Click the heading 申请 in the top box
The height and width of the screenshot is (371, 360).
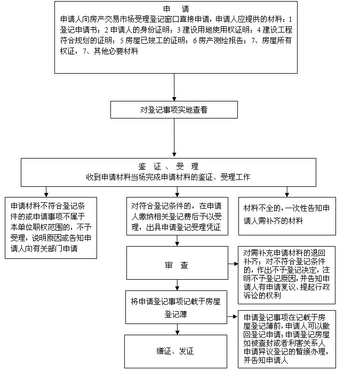[x=176, y=9]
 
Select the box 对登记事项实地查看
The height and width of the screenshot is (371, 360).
[x=174, y=110]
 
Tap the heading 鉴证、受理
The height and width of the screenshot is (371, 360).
[x=169, y=167]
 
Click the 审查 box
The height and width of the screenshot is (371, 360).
[x=177, y=263]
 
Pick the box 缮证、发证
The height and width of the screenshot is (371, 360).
[x=175, y=351]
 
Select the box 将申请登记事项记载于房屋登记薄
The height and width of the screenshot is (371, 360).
[x=176, y=307]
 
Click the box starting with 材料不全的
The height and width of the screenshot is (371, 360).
[x=287, y=216]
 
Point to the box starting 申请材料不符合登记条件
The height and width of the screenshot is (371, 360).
[x=51, y=227]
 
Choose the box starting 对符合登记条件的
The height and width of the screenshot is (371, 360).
[x=177, y=216]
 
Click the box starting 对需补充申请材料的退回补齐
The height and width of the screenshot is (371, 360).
[x=286, y=275]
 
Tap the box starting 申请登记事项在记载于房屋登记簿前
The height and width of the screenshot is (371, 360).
[x=287, y=339]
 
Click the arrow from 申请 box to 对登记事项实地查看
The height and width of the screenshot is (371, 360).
[x=174, y=88]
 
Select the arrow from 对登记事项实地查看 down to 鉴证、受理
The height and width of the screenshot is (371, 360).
[x=174, y=138]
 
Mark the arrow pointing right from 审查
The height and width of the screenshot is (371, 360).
[x=233, y=264]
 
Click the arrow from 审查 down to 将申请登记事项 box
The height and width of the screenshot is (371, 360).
[x=177, y=285]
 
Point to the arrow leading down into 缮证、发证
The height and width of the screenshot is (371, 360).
[x=177, y=329]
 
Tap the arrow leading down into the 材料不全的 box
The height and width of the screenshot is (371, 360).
[x=287, y=192]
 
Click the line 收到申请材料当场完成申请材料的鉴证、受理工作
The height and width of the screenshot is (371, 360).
[x=168, y=177]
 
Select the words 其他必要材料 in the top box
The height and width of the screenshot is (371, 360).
[x=116, y=51]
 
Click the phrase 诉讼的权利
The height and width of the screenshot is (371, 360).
[x=262, y=295]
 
